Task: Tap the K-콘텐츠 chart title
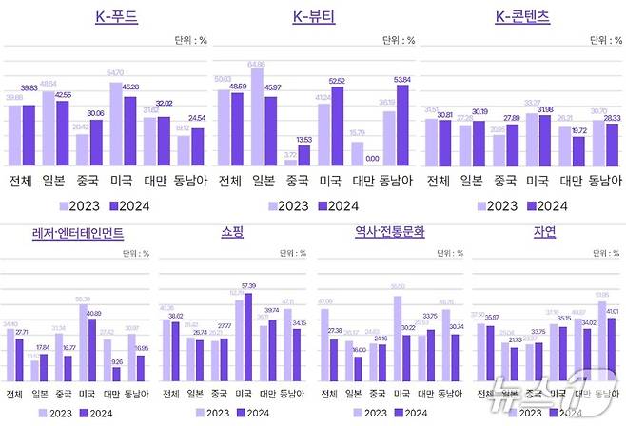tap(522, 16)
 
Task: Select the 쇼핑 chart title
tap(233, 231)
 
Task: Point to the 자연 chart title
tap(546, 231)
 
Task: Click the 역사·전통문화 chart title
tap(390, 231)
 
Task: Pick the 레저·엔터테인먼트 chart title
tap(78, 231)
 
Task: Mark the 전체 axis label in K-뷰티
tap(228, 181)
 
